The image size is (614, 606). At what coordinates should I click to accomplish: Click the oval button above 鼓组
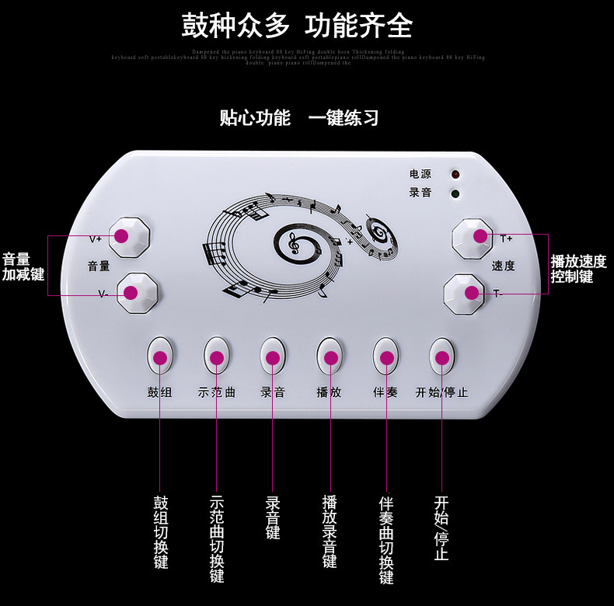pyautogui.click(x=160, y=357)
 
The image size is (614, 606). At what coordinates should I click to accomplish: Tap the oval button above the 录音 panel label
pyautogui.click(x=272, y=357)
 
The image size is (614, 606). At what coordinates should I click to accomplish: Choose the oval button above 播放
pyautogui.click(x=330, y=357)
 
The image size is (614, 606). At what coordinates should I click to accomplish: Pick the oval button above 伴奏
pyautogui.click(x=386, y=357)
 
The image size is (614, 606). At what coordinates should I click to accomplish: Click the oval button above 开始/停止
pyautogui.click(x=442, y=357)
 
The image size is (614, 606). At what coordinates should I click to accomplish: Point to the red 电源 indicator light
pyautogui.click(x=455, y=175)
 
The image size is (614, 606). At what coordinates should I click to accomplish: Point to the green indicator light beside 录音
pyautogui.click(x=455, y=193)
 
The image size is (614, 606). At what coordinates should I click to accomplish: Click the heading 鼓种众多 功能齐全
pyautogui.click(x=297, y=26)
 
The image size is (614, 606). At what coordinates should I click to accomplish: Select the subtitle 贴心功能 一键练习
pyautogui.click(x=299, y=118)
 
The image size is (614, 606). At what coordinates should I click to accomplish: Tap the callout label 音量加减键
pyautogui.click(x=23, y=266)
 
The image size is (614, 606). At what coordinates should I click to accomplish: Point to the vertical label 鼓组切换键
pyautogui.click(x=160, y=532)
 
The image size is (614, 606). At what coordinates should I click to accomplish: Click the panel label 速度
pyautogui.click(x=503, y=266)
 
